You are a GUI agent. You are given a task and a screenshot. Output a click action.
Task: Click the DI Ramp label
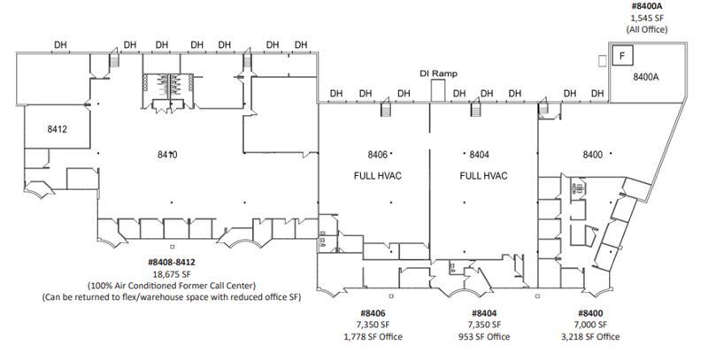438,73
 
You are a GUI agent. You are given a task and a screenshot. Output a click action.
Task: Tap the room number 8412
58,129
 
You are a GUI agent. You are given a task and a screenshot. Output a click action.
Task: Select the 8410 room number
168,155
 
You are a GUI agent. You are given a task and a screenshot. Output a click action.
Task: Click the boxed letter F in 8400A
622,57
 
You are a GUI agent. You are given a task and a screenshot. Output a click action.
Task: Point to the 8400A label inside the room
646,78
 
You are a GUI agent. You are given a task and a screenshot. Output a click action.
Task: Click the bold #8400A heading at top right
646,6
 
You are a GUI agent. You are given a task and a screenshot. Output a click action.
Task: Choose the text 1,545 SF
646,18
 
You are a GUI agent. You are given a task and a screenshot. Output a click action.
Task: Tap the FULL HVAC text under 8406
373,175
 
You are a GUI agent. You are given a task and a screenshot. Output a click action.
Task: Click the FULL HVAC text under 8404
483,175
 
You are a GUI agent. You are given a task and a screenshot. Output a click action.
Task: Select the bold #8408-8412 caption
172,263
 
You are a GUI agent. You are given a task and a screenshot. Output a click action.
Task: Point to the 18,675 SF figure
172,274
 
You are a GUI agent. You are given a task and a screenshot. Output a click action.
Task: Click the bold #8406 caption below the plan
373,314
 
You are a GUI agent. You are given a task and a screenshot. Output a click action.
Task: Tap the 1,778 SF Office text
373,337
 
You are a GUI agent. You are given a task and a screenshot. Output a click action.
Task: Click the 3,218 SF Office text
592,337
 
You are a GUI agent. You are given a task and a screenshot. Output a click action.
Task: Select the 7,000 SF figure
592,326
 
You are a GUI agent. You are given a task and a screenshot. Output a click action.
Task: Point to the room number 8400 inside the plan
592,155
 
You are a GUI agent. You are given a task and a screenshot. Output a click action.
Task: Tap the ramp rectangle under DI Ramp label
438,90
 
